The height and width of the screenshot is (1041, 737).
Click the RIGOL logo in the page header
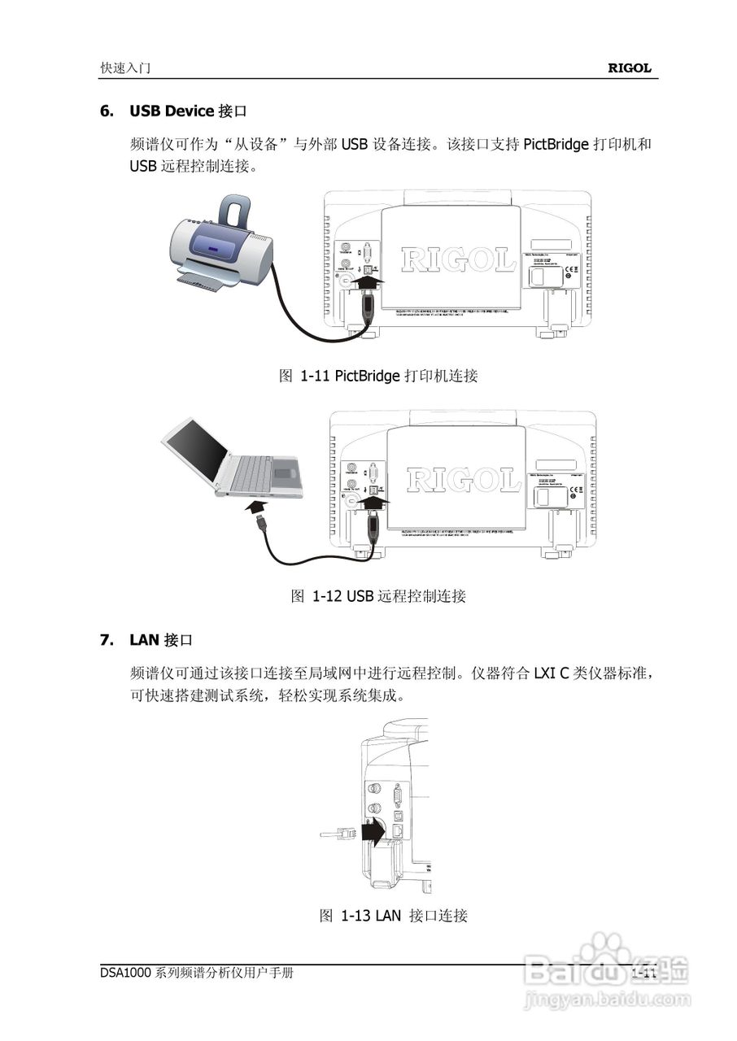click(630, 69)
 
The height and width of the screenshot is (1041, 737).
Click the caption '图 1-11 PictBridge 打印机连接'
click(378, 376)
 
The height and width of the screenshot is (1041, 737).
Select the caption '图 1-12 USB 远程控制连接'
click(378, 596)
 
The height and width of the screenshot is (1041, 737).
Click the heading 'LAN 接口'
click(161, 640)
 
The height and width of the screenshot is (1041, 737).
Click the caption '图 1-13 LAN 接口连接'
click(394, 916)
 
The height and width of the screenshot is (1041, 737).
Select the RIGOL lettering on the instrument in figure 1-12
click(463, 481)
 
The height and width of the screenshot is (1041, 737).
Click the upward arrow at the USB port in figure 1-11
click(369, 285)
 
